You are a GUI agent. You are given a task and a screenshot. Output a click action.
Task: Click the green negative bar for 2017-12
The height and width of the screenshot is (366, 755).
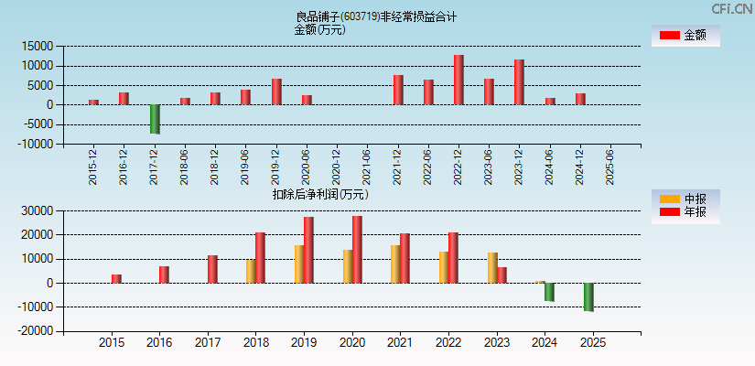coord(155,119)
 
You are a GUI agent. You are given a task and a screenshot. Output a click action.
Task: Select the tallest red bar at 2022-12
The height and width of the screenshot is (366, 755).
coord(458,80)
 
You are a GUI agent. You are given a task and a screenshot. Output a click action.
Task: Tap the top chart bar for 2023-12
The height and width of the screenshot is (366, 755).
coord(519,82)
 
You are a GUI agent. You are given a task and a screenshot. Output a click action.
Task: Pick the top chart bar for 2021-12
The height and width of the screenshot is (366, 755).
coord(398,90)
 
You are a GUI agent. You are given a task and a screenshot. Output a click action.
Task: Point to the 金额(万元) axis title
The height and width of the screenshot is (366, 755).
coord(319,29)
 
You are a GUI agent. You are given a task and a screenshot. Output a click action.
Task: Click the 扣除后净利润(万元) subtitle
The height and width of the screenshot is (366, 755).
coord(320,194)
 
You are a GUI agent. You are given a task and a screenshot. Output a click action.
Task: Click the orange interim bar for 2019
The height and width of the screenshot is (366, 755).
coord(299,264)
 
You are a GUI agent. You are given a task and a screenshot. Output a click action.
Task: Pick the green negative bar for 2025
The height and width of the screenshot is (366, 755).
coord(588,296)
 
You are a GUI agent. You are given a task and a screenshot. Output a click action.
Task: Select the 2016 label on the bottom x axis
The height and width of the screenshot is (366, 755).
coord(159,343)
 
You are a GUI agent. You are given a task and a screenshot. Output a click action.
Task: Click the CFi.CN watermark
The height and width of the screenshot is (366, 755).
coord(732,8)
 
